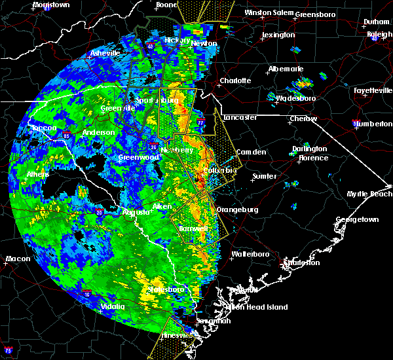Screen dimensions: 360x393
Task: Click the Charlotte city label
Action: coord(235,81)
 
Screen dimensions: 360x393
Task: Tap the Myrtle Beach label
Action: coord(371,194)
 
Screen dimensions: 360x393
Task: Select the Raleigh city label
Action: coord(379,33)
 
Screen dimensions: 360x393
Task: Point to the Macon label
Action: coord(18,259)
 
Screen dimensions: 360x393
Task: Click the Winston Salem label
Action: coord(268,12)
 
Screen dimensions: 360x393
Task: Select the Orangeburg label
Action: coord(237,209)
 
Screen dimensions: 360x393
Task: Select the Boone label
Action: coord(166,5)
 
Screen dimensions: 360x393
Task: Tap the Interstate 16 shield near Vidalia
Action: coord(86,294)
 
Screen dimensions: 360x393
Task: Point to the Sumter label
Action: coord(264,176)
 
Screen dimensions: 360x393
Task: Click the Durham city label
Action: coord(376,22)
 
